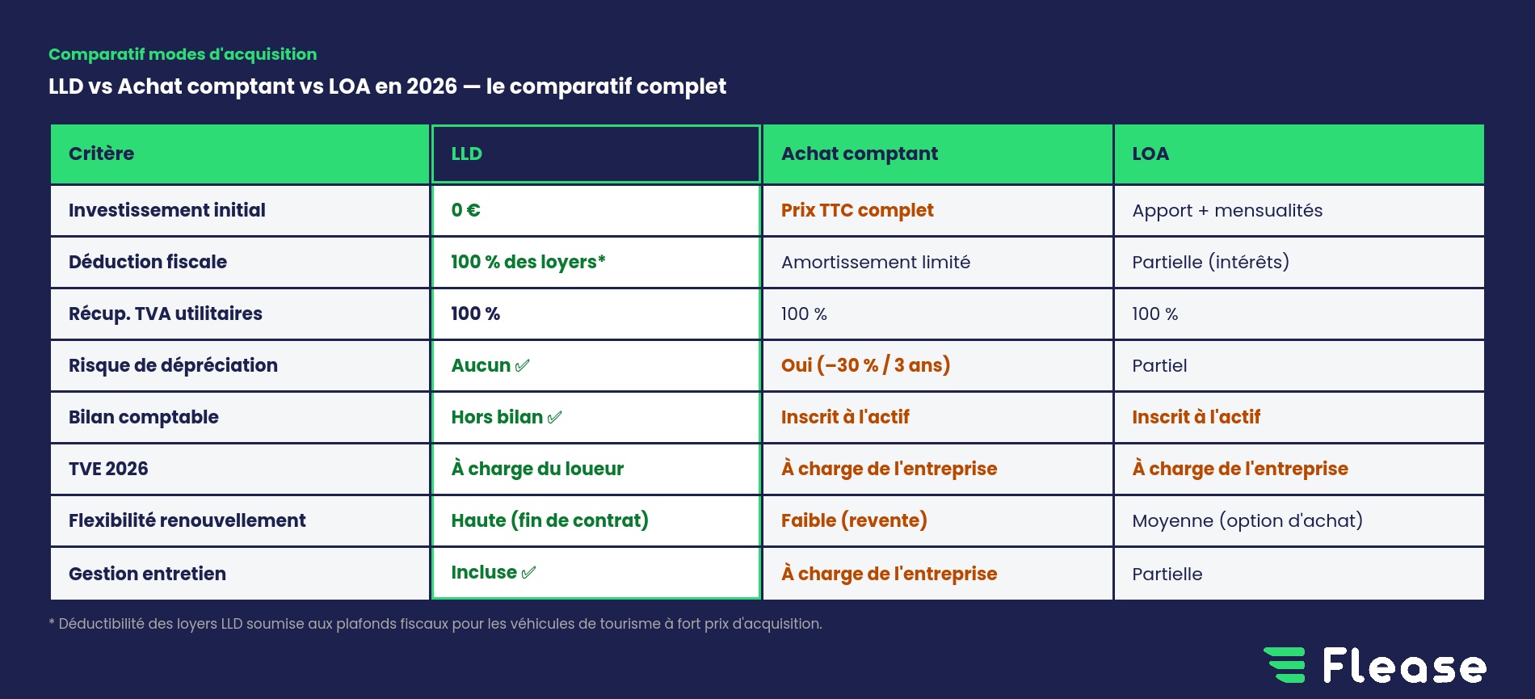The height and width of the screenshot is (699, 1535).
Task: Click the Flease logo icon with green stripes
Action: (x=1285, y=665)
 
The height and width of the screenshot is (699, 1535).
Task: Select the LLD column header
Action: (x=595, y=154)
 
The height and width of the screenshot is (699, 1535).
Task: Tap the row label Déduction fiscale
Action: (x=148, y=262)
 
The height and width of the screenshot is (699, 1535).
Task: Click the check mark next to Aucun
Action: (x=523, y=365)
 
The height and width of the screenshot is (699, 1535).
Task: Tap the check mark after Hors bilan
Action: (x=554, y=417)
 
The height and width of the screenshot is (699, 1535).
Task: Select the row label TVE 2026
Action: (x=108, y=469)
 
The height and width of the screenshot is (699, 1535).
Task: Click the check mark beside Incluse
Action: (x=529, y=573)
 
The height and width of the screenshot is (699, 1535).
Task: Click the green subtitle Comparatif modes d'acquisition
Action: (x=183, y=54)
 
